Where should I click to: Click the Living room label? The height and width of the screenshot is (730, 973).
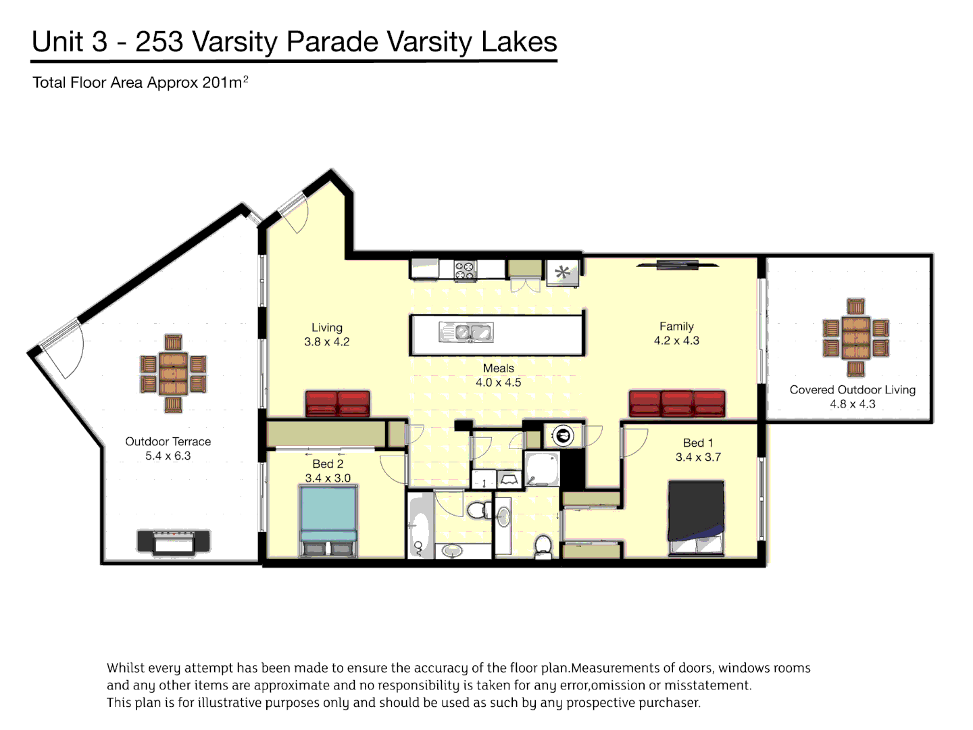pyautogui.click(x=327, y=327)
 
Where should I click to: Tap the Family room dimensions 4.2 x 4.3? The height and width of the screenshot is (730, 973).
pyautogui.click(x=676, y=341)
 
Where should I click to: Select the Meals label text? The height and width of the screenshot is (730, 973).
pyautogui.click(x=498, y=368)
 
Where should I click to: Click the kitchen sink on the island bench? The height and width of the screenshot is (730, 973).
pyautogui.click(x=466, y=332)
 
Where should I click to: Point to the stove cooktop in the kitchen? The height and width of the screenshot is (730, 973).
pyautogui.click(x=465, y=270)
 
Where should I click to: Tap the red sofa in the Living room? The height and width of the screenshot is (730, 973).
pyautogui.click(x=337, y=403)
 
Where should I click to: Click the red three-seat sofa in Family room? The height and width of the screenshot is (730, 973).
pyautogui.click(x=676, y=404)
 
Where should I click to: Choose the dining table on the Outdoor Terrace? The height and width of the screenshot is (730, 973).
pyautogui.click(x=173, y=373)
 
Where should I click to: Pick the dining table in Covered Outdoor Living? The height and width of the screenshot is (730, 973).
pyautogui.click(x=855, y=337)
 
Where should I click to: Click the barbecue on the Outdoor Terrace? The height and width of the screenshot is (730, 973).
pyautogui.click(x=174, y=541)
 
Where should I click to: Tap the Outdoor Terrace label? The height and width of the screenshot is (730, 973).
pyautogui.click(x=168, y=441)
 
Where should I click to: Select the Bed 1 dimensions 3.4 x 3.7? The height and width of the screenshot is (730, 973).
pyautogui.click(x=698, y=458)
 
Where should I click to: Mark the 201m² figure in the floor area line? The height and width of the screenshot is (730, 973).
pyautogui.click(x=225, y=82)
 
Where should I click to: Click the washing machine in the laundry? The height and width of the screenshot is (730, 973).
pyautogui.click(x=562, y=435)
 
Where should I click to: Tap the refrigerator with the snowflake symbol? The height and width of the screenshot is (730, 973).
pyautogui.click(x=562, y=273)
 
